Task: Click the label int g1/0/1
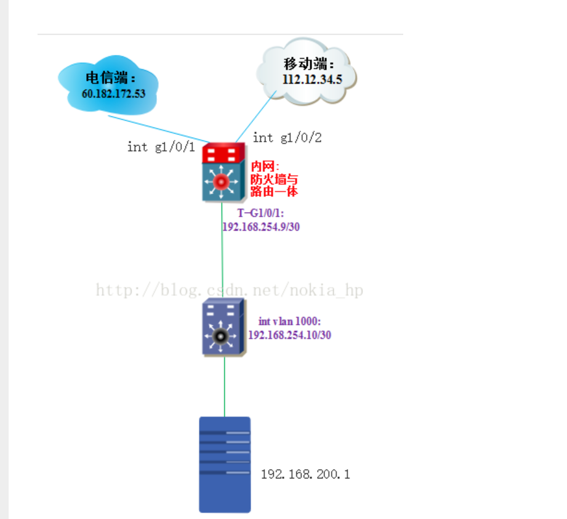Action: pos(161,147)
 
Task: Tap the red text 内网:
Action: pos(265,166)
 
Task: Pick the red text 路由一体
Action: pos(274,192)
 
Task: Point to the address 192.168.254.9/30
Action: pos(265,226)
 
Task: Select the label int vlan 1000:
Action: pos(289,321)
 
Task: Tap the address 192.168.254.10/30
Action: pos(289,335)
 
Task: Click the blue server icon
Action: pos(225,464)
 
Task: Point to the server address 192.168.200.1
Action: pos(305,475)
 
